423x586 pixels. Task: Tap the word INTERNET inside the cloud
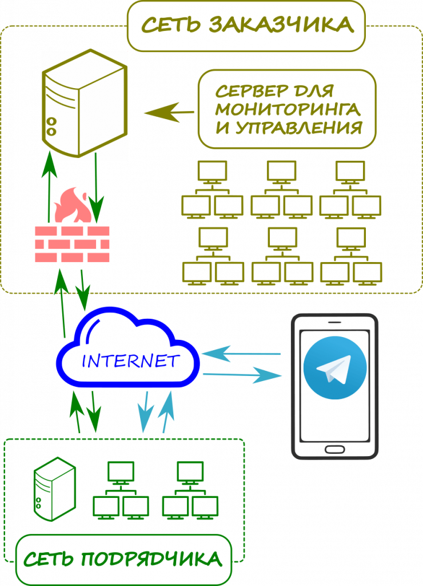pyautogui.click(x=129, y=361)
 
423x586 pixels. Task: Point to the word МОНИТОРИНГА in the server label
pyautogui.click(x=288, y=109)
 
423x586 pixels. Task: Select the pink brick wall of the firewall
pyautogui.click(x=72, y=244)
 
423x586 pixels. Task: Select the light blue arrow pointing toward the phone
pyautogui.click(x=242, y=375)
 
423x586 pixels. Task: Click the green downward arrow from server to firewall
pyautogui.click(x=97, y=192)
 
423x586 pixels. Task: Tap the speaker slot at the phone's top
pyautogui.click(x=334, y=322)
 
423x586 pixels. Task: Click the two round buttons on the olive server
pyautogui.click(x=51, y=126)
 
